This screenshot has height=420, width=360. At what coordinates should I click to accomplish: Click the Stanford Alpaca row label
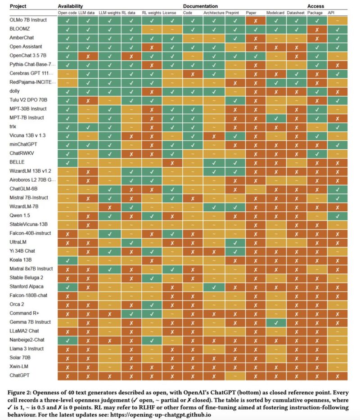(26, 286)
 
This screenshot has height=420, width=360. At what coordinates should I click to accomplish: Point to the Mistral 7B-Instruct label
(28, 198)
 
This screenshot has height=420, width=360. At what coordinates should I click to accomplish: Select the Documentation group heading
(200, 6)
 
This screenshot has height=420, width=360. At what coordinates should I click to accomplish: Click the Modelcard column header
(274, 13)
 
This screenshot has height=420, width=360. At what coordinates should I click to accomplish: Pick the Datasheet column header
(295, 13)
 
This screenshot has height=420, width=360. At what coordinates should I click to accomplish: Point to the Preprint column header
(232, 13)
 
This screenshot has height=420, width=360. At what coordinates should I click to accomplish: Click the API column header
(331, 13)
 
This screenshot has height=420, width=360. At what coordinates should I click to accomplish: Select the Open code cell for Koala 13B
(67, 260)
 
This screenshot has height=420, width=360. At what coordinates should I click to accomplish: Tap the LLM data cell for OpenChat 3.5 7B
(88, 56)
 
